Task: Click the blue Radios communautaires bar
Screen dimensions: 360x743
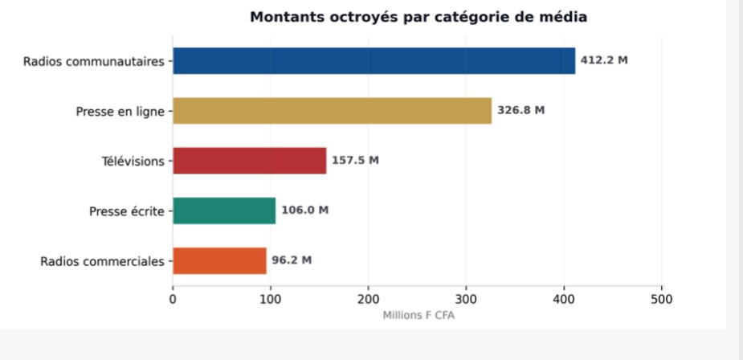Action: (374, 61)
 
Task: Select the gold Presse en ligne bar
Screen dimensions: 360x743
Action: (332, 111)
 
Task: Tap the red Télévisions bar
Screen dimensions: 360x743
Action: (249, 161)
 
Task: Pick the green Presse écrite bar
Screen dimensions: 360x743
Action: (224, 211)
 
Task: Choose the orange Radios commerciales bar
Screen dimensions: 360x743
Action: (219, 260)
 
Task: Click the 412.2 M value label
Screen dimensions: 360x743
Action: (604, 61)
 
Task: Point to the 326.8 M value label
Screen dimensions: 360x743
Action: (521, 111)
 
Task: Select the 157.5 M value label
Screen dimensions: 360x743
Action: (355, 161)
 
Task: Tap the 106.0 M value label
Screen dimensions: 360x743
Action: (304, 211)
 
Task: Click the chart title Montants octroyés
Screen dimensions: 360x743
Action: (418, 17)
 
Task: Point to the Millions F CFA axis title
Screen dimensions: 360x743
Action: (418, 313)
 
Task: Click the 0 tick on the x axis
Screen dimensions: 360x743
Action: (173, 299)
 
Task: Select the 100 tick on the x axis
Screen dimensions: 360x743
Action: (271, 299)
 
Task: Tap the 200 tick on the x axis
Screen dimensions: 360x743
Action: (369, 299)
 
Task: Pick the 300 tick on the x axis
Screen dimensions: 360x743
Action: (467, 299)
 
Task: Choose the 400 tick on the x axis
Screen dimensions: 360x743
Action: (564, 299)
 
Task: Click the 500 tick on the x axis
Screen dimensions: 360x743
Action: (662, 299)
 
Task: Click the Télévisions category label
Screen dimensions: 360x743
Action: (133, 162)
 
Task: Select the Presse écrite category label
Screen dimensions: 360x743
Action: (126, 211)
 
